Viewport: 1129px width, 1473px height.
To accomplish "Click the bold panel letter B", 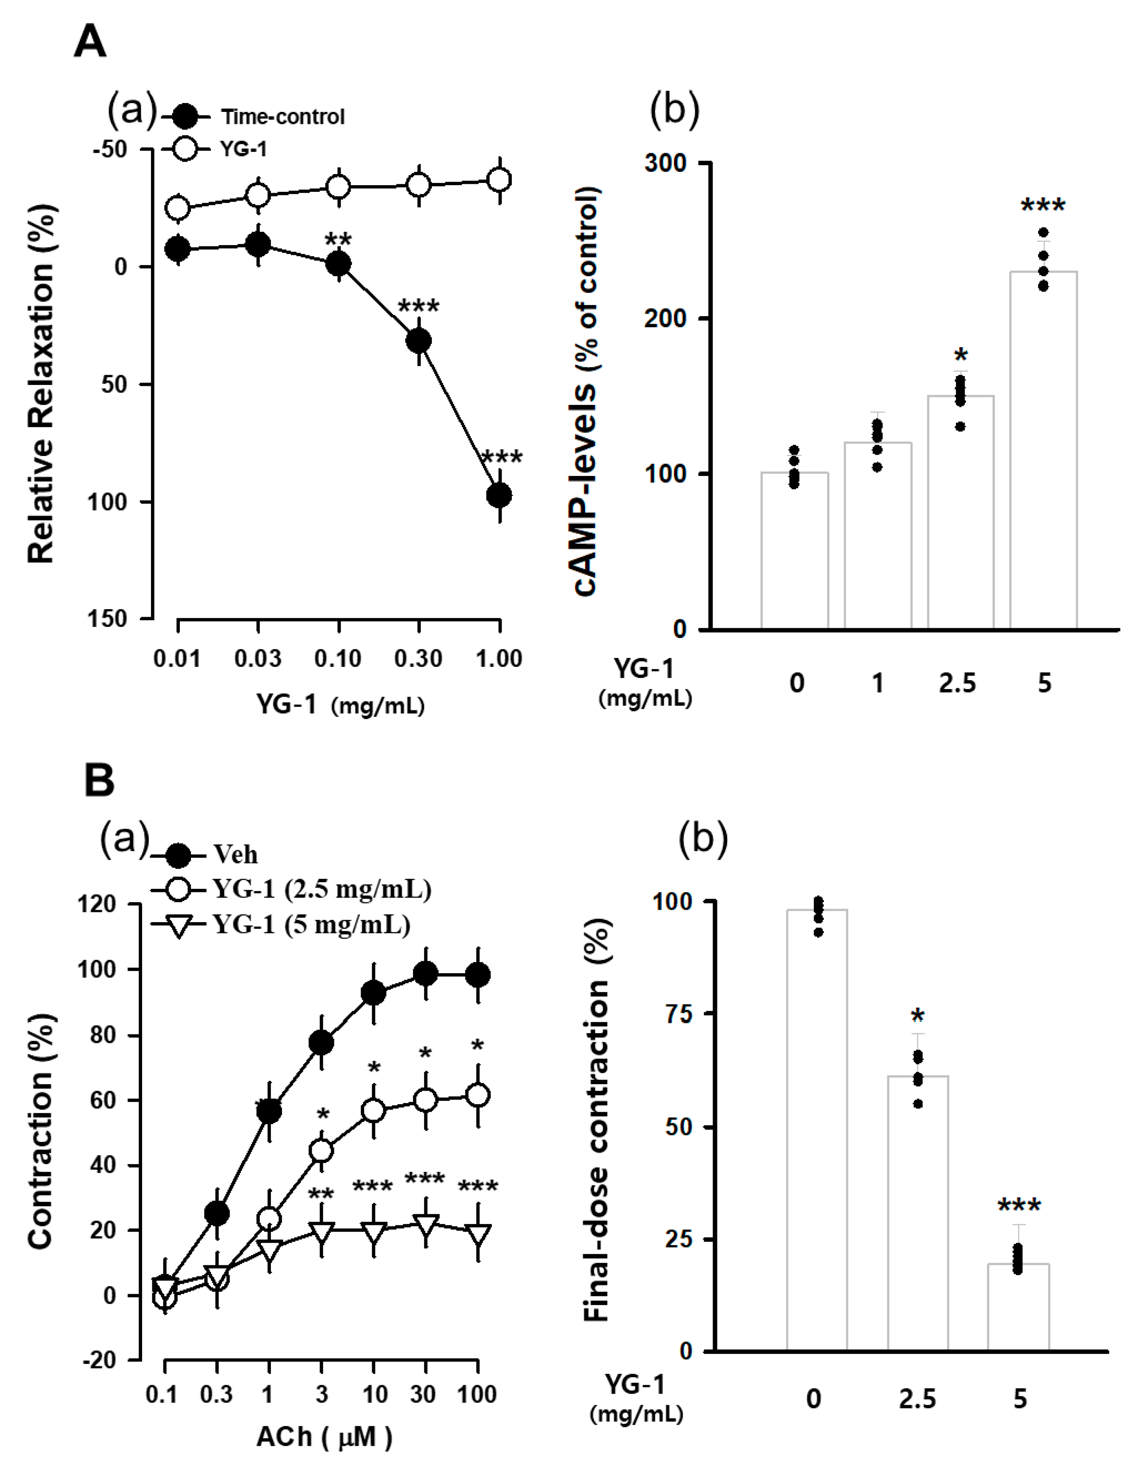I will coord(99,781).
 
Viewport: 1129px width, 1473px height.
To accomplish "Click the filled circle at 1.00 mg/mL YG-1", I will coord(499,496).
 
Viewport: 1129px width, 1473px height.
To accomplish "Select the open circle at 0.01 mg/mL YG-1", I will coord(178,208).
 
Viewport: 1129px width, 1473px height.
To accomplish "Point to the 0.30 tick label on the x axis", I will coord(418,658).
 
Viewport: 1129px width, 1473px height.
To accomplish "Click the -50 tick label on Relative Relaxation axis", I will coord(110,149).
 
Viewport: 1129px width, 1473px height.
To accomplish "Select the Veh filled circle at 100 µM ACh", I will coord(478,975).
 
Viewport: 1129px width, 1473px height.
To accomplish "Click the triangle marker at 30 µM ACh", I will coord(425,1224).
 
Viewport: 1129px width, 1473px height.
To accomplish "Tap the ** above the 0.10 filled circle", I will coord(338,240).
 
